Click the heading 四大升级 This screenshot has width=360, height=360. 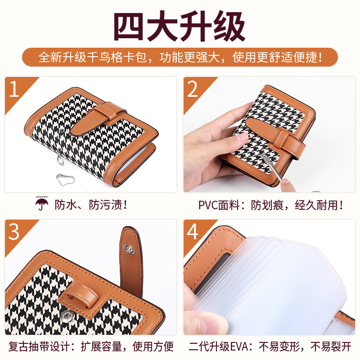(179, 26)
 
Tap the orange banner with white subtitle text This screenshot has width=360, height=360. (180, 57)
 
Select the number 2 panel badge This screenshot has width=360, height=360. (195, 91)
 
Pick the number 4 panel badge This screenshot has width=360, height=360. (195, 234)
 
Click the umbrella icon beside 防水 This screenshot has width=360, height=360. (41, 203)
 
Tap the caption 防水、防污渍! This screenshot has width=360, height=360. (91, 205)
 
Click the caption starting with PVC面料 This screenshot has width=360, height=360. (270, 205)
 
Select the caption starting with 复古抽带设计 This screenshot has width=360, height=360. (91, 346)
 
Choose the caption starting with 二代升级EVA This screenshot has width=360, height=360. (270, 346)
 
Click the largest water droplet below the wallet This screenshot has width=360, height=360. (65, 179)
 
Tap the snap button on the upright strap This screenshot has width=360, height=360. (129, 249)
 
